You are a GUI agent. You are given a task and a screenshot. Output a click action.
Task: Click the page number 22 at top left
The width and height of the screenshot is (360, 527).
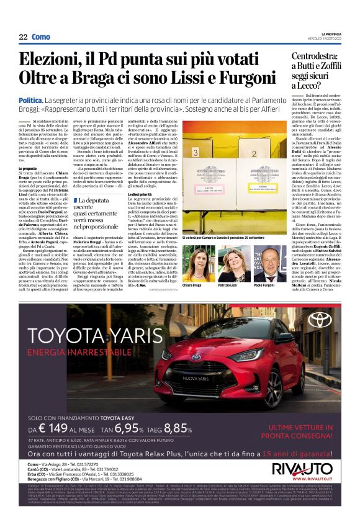[23, 37]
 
